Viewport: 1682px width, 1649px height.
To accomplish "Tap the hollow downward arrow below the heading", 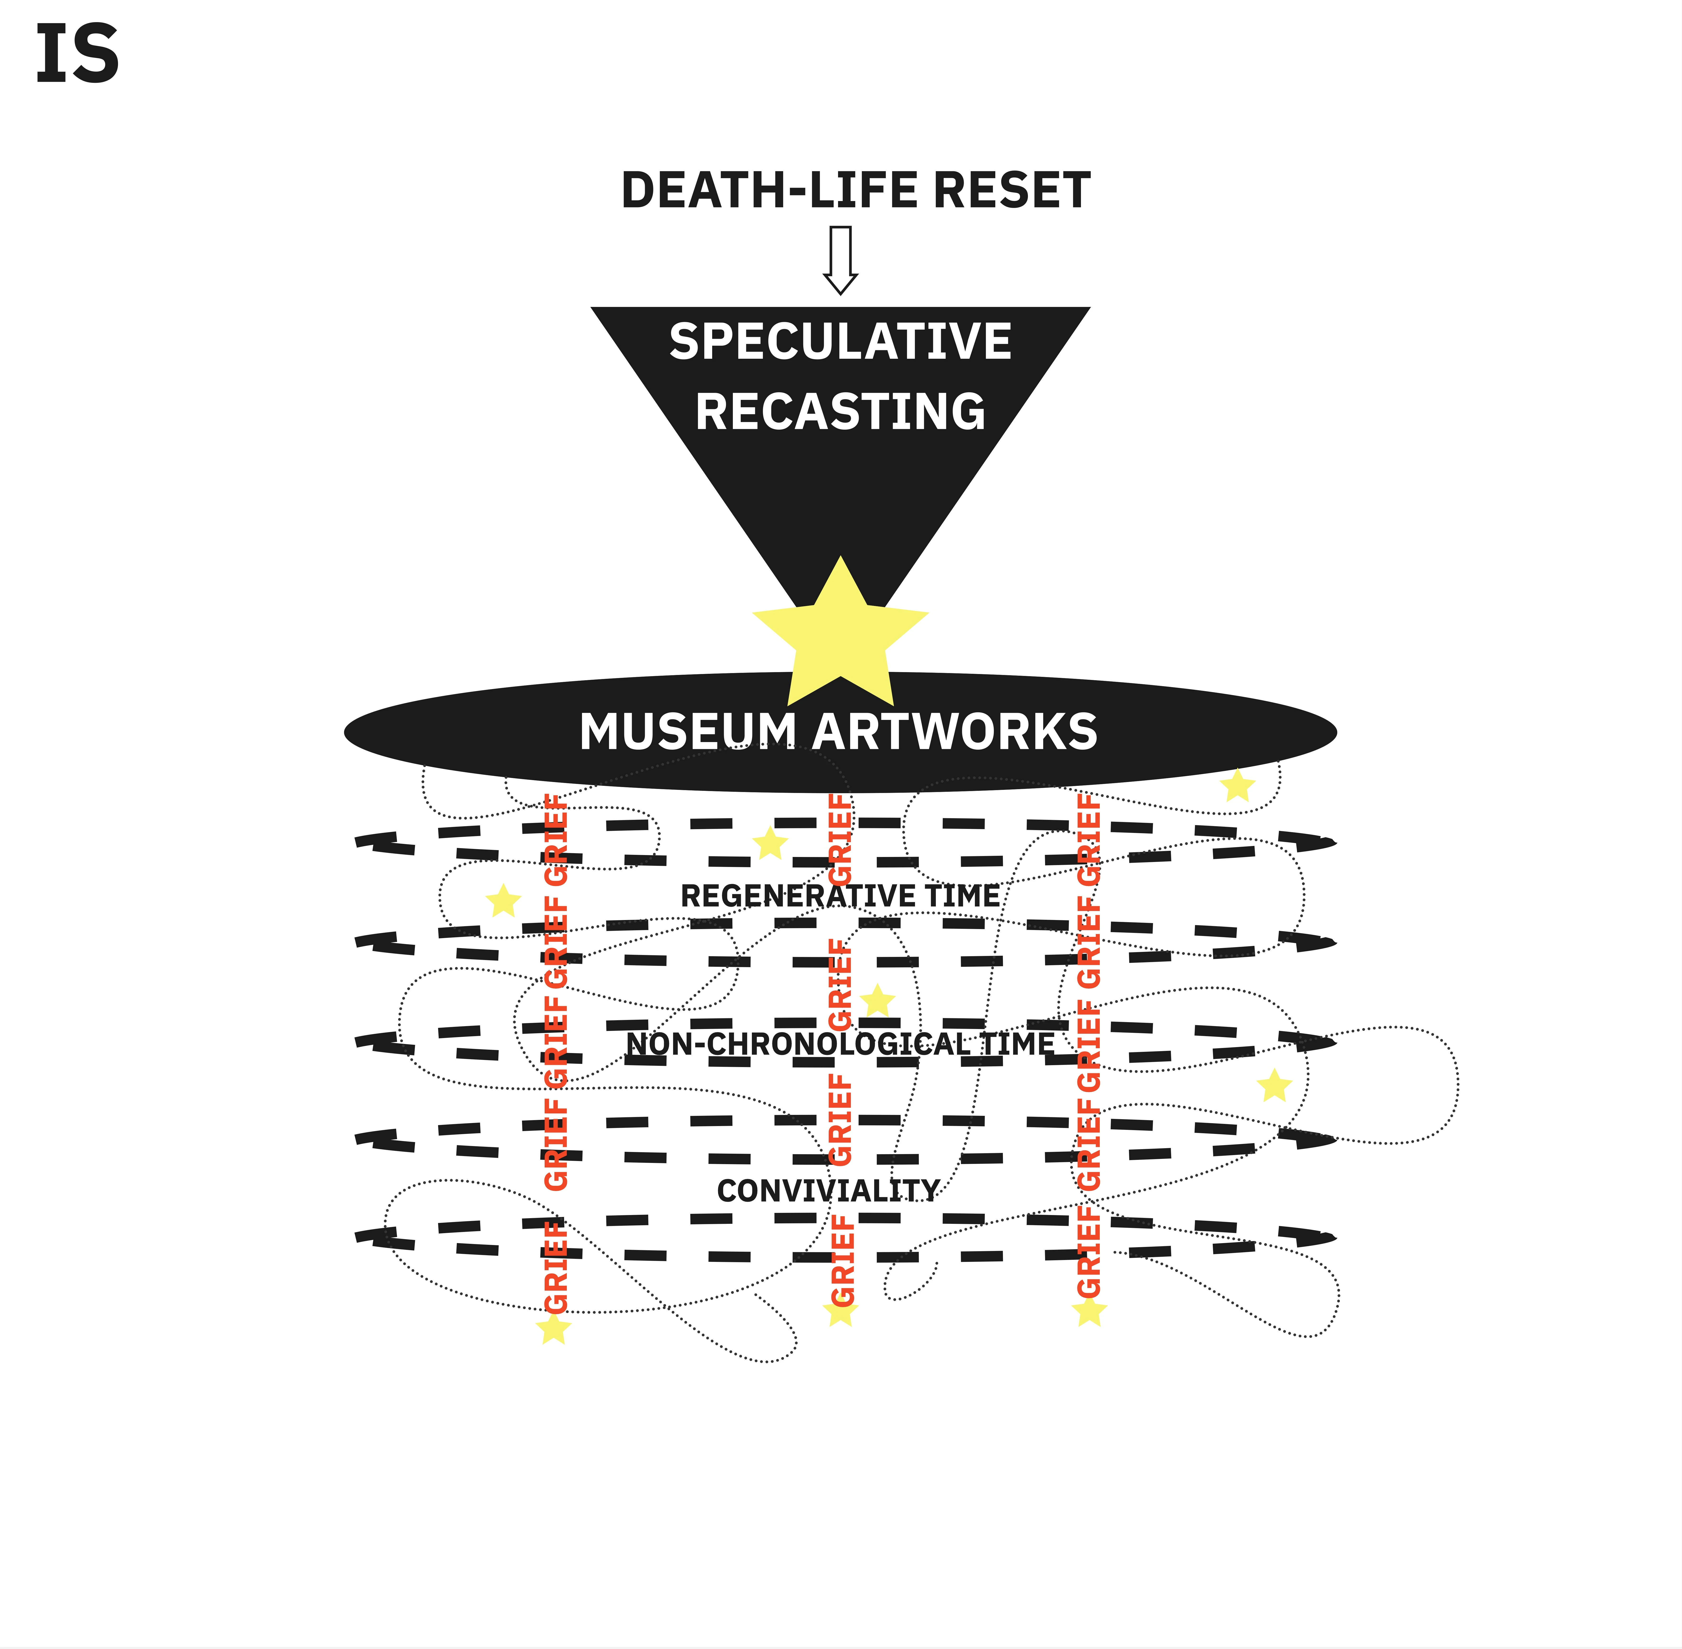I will click(840, 260).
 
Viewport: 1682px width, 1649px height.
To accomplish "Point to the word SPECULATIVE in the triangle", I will click(840, 341).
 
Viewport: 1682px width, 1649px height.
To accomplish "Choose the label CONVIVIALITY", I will click(828, 1191).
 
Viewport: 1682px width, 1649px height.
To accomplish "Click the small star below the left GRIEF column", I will click(553, 1329).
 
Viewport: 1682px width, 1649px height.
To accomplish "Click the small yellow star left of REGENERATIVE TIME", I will click(503, 901).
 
